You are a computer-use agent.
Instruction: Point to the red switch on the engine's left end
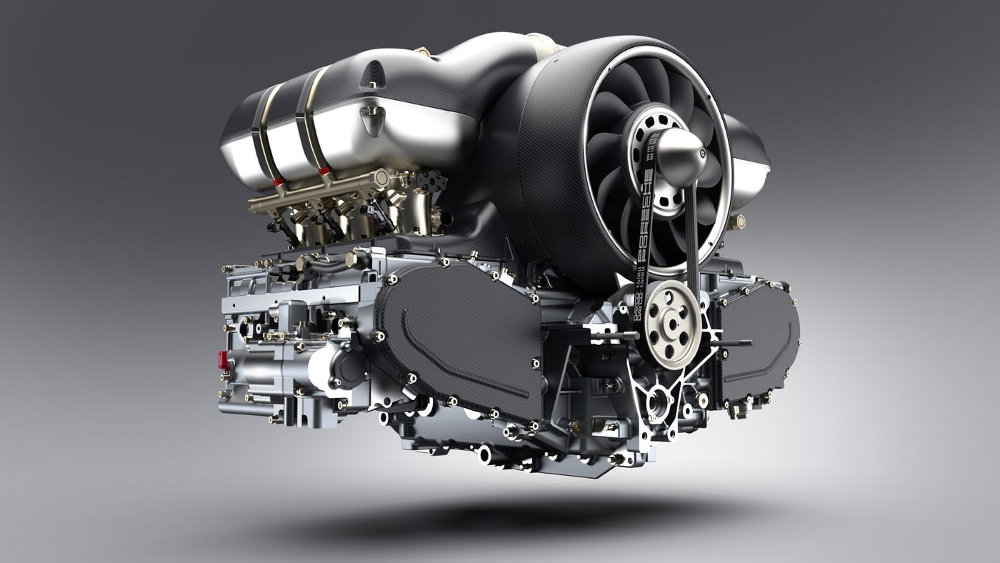[x=224, y=359]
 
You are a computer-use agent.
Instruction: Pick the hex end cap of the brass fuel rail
[x=383, y=176]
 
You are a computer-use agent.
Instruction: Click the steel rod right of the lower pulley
[x=729, y=344]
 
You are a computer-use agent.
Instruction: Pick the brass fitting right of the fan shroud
[x=736, y=222]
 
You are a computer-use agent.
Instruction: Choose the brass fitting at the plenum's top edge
[x=422, y=51]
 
